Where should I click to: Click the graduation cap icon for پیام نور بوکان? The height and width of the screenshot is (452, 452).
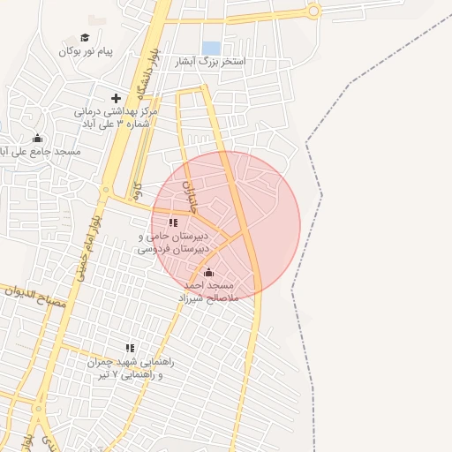tap(85, 37)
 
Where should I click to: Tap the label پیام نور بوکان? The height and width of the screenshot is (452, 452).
tap(87, 51)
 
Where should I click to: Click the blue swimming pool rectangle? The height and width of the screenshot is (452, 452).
tap(211, 48)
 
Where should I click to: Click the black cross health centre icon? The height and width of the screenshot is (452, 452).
tap(116, 98)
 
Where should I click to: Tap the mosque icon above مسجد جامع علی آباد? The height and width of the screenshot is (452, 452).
tap(37, 138)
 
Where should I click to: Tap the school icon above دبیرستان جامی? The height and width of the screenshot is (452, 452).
tap(173, 222)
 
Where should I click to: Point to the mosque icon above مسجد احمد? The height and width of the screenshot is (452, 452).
tap(208, 272)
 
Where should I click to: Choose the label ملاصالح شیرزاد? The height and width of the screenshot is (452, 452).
tap(208, 298)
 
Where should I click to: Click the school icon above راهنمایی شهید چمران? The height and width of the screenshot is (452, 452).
tap(131, 348)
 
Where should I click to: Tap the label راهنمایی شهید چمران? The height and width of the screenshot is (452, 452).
tap(131, 362)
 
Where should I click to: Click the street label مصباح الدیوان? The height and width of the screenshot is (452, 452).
tap(35, 297)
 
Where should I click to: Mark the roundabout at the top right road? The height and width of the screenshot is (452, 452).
tap(313, 11)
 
